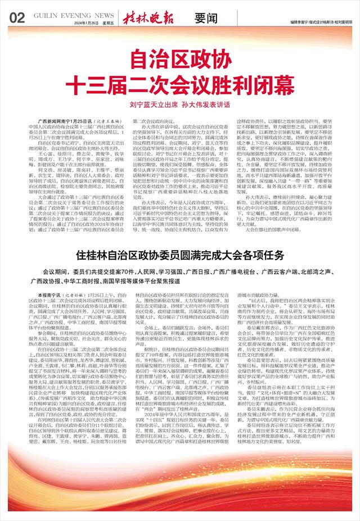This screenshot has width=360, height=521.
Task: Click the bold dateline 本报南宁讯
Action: [x=47, y=295]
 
